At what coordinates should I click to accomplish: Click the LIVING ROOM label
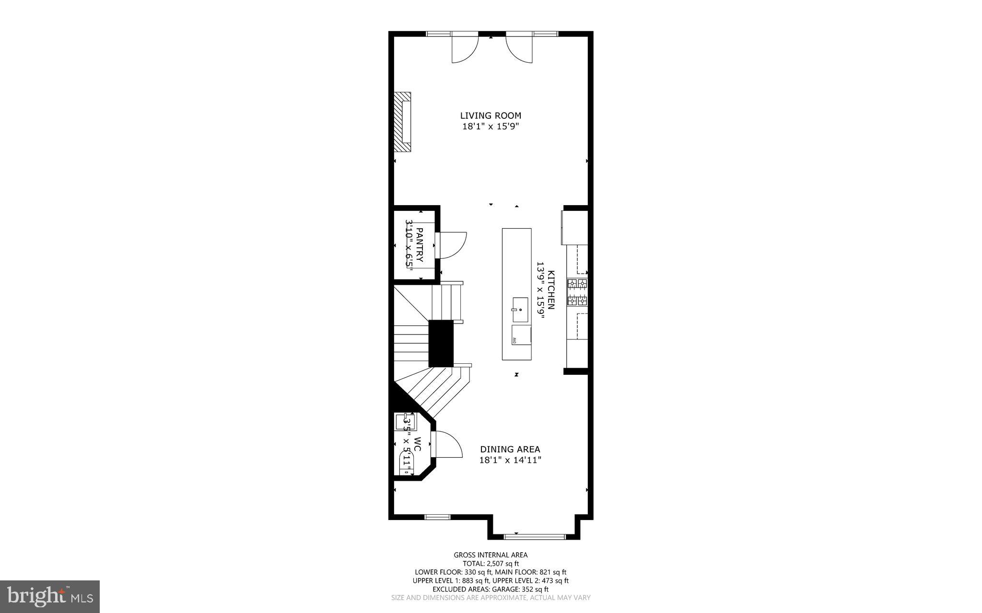pyautogui.click(x=491, y=116)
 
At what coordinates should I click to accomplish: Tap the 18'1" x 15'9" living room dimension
pyautogui.click(x=491, y=127)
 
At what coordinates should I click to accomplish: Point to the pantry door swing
pyautogui.click(x=452, y=245)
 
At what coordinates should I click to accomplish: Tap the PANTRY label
pyautogui.click(x=420, y=244)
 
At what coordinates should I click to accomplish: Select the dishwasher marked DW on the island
pyautogui.click(x=521, y=335)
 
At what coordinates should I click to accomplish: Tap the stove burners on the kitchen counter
pyautogui.click(x=577, y=292)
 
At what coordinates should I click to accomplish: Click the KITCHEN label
pyautogui.click(x=551, y=290)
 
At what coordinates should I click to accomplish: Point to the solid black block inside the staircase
pyautogui.click(x=441, y=343)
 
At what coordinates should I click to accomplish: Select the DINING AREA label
pyautogui.click(x=510, y=450)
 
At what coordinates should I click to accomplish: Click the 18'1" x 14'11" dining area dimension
pyautogui.click(x=510, y=461)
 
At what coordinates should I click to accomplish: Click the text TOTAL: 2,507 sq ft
pyautogui.click(x=491, y=564)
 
